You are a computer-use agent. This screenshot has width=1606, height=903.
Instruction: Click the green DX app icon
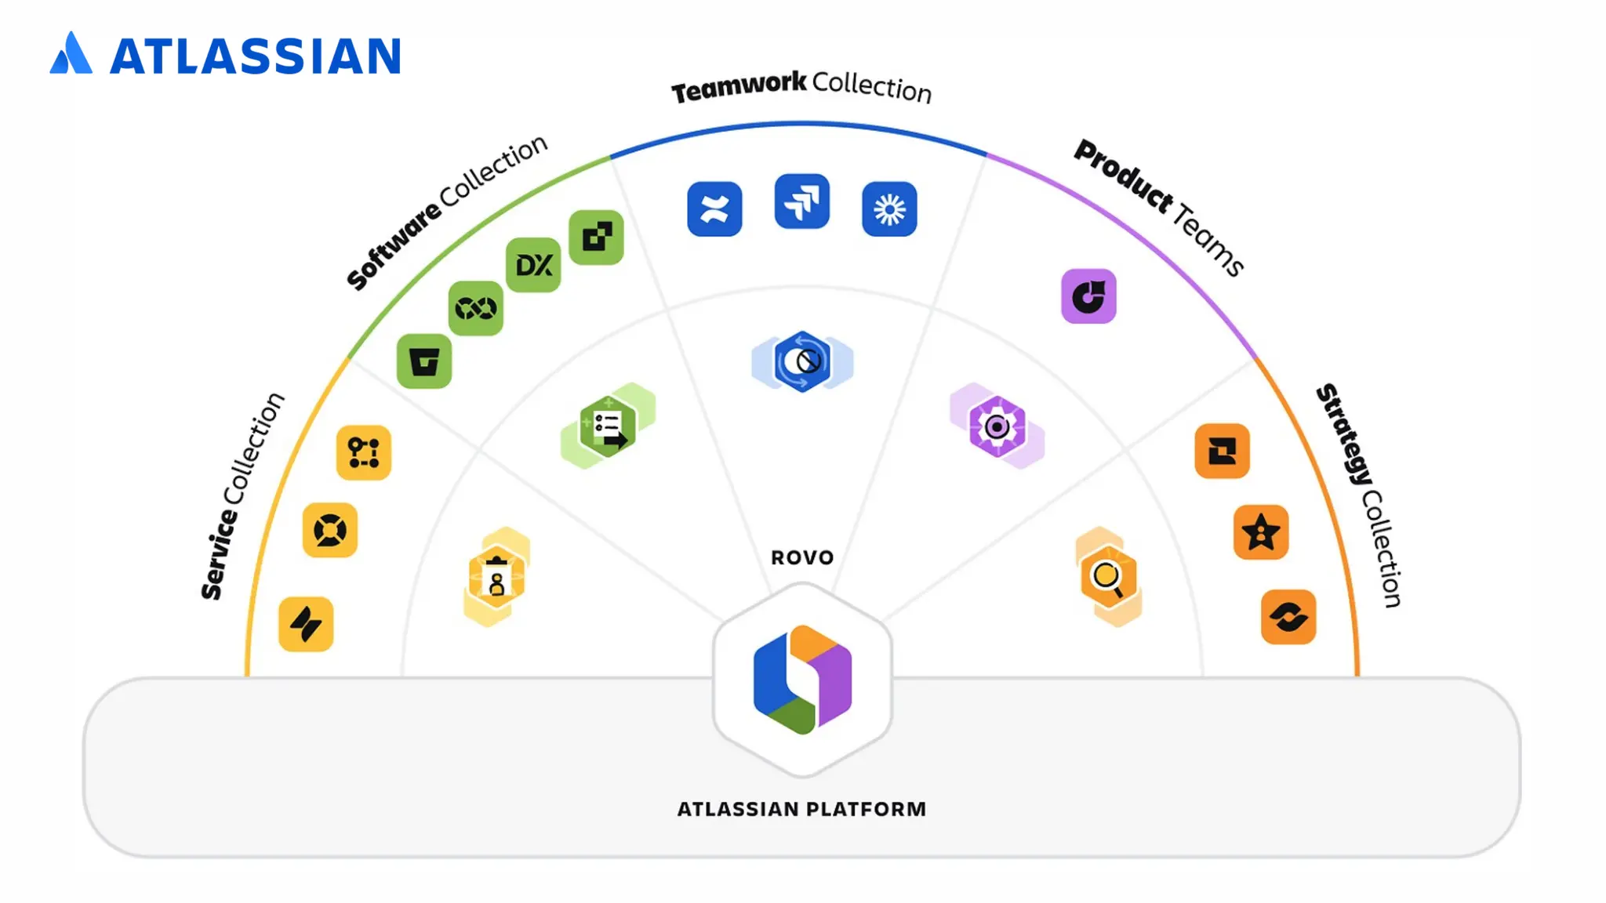[x=533, y=265]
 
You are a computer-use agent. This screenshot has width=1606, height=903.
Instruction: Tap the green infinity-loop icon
[x=476, y=308]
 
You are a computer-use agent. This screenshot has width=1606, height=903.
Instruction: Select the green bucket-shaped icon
[x=424, y=361]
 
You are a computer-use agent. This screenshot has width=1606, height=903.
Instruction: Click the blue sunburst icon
[x=889, y=209]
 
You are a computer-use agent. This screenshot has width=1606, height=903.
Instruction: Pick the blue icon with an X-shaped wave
[x=714, y=209]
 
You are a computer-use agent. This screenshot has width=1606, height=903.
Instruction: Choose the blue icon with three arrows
[x=801, y=201]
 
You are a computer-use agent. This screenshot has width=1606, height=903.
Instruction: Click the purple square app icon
[x=1088, y=296]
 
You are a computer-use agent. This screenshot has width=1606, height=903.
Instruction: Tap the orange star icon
[x=1261, y=532]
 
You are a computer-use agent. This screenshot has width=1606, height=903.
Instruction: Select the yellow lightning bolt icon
[x=306, y=625]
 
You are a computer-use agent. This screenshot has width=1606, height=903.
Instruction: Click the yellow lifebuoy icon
[x=330, y=531]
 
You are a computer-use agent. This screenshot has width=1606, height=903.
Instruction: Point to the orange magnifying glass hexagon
[x=1107, y=578]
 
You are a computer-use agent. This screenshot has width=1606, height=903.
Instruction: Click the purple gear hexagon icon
[x=997, y=427]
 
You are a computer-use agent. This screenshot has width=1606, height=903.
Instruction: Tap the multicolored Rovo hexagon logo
[x=802, y=680]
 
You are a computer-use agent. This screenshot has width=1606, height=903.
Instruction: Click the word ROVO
[x=802, y=557]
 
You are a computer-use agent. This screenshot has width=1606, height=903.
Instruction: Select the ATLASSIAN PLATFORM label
[x=801, y=809]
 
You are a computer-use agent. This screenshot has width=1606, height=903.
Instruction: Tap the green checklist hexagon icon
[x=608, y=427]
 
